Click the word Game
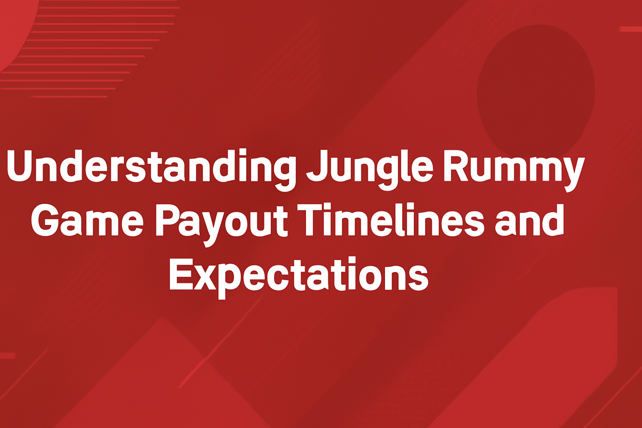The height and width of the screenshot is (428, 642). [87, 221]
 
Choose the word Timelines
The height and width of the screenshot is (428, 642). [390, 220]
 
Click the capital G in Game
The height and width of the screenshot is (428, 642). [44, 220]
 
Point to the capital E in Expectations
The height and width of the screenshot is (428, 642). [180, 273]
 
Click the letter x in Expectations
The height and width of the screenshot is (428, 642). [205, 278]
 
